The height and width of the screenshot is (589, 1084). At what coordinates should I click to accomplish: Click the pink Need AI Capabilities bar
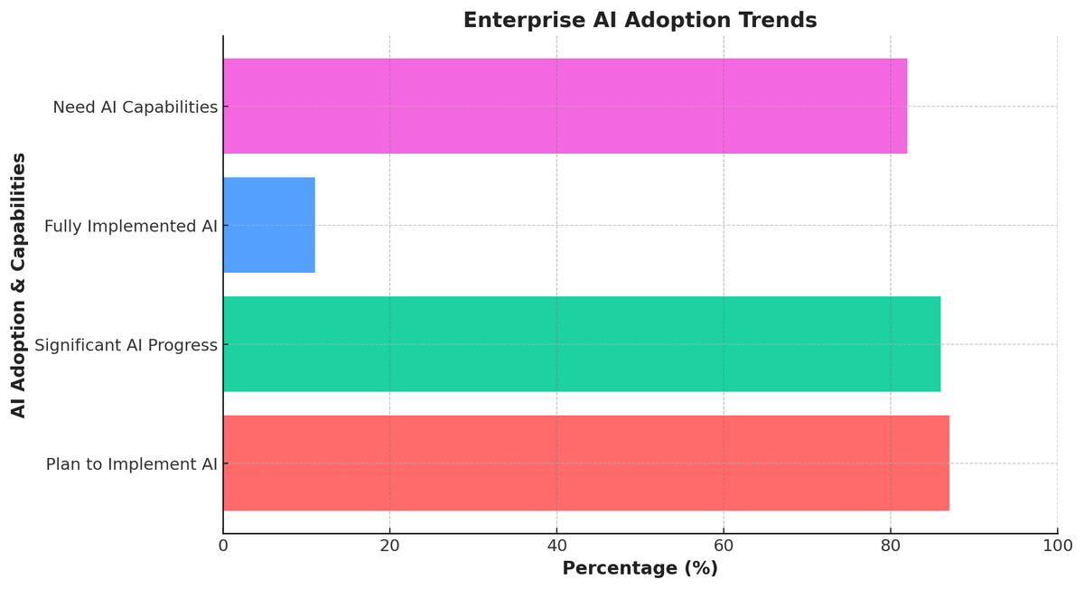coord(565,107)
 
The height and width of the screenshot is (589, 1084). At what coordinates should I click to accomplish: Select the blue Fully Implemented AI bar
coord(269,225)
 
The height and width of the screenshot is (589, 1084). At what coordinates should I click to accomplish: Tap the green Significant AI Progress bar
coord(582,344)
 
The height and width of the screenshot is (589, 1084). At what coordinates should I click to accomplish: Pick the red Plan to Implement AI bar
coord(585,463)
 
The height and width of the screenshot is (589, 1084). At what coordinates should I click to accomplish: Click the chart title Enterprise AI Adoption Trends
coord(640,21)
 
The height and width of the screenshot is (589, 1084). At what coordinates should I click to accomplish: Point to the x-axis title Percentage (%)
coord(640,569)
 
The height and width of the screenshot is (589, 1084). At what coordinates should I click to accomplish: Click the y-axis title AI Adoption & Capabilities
coord(19,285)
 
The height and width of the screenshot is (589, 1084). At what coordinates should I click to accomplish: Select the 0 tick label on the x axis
coord(223,547)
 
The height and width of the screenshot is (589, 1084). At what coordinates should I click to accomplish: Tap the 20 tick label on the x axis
coord(389,547)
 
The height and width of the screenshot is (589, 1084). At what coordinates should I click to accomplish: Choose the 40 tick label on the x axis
coord(556,547)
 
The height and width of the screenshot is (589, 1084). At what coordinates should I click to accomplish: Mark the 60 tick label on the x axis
coord(724,547)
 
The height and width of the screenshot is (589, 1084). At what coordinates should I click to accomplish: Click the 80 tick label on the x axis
coord(890,547)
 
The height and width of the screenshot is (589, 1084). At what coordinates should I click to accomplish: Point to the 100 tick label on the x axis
coord(1057,547)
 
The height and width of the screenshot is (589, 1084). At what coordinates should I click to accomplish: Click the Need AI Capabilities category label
coord(135,108)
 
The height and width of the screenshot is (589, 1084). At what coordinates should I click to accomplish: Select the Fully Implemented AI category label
coord(131,227)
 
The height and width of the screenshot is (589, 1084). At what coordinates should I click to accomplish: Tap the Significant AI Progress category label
coord(126,345)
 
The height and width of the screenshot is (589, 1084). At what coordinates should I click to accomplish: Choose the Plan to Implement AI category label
coord(132,464)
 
